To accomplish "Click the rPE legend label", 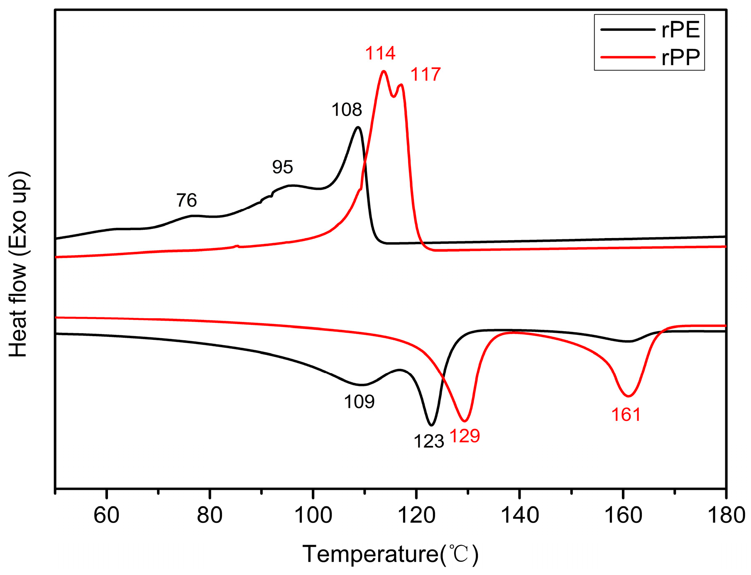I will pyautogui.click(x=680, y=30).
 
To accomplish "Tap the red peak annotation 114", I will pyautogui.click(x=380, y=53).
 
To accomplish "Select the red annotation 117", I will pyautogui.click(x=425, y=75).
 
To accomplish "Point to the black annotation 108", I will pyautogui.click(x=346, y=110).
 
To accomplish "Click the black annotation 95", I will pyautogui.click(x=282, y=167).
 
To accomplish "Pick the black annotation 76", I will pyautogui.click(x=186, y=201).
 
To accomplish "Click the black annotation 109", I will pyautogui.click(x=359, y=402).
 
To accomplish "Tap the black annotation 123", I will pyautogui.click(x=428, y=441).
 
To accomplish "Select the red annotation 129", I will pyautogui.click(x=465, y=436).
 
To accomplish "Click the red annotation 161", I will pyautogui.click(x=626, y=415).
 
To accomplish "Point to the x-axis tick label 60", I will pyautogui.click(x=107, y=516).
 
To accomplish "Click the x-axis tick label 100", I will pyautogui.click(x=313, y=516).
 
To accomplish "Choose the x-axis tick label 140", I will pyautogui.click(x=519, y=516).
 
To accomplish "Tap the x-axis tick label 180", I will pyautogui.click(x=726, y=516).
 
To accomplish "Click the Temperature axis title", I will pyautogui.click(x=390, y=554).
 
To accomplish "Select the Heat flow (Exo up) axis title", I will pyautogui.click(x=18, y=264).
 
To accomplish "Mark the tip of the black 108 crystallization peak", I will pyautogui.click(x=358, y=127).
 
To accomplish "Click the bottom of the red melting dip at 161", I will pyautogui.click(x=628, y=396).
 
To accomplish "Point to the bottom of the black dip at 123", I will pyautogui.click(x=432, y=425).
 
